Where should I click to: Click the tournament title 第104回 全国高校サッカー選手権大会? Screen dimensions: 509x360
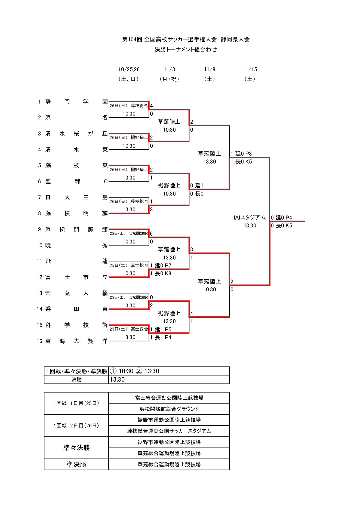(x=169, y=39)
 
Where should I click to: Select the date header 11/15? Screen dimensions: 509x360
(x=250, y=69)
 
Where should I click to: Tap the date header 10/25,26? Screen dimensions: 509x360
(x=129, y=69)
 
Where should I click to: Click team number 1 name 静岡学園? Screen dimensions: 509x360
(x=76, y=102)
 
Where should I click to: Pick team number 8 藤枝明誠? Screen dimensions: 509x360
(x=76, y=213)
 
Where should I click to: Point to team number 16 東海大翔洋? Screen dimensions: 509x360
(x=76, y=341)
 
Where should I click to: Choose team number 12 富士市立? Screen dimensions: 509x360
(x=76, y=277)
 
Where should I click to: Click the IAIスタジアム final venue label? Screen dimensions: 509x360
(x=250, y=218)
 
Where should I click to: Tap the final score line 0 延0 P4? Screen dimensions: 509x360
(x=281, y=218)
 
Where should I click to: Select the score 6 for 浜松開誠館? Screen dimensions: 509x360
(x=151, y=234)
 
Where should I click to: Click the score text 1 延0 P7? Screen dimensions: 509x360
(x=161, y=266)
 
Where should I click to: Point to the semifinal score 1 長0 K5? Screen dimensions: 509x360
(x=241, y=162)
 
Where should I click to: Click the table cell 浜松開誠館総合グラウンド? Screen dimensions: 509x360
(x=169, y=409)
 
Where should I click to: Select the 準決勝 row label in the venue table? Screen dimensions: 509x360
(x=76, y=464)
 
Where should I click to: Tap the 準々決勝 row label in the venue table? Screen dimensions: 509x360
(x=76, y=448)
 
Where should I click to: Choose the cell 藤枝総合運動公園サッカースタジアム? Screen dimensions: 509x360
(x=169, y=431)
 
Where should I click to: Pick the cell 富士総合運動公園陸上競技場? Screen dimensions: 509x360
(x=169, y=398)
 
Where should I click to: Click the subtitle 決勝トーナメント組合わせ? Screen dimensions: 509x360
(x=186, y=50)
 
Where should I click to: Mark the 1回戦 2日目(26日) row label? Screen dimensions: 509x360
(x=76, y=425)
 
